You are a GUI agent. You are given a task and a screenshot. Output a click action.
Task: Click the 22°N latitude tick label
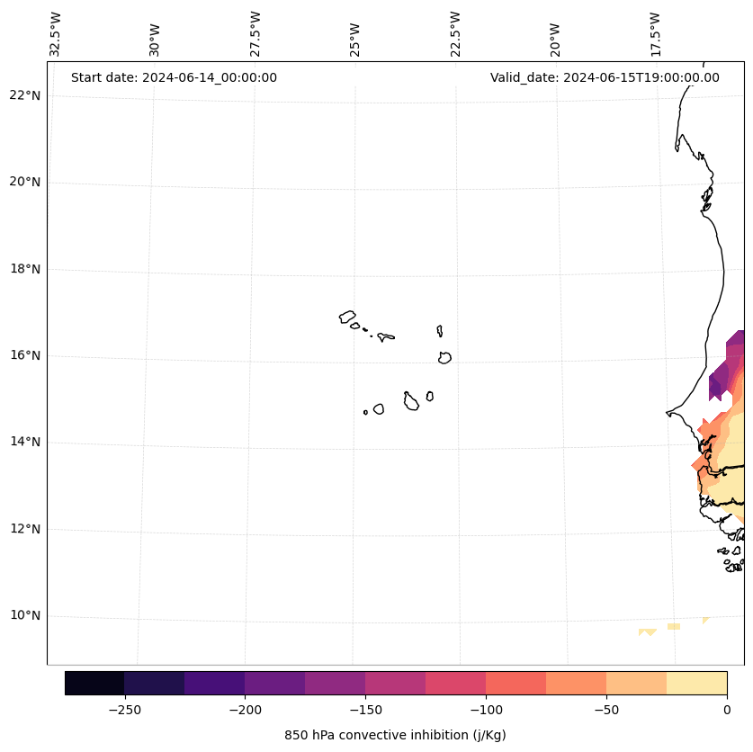(x=23, y=95)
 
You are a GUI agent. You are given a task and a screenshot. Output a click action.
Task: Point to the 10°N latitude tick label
(x=23, y=616)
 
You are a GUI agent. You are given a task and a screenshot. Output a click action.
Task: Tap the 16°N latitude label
(x=23, y=355)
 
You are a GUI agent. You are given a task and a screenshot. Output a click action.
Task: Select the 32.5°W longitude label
(x=56, y=34)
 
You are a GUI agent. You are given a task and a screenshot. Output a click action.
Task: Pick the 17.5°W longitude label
(x=654, y=34)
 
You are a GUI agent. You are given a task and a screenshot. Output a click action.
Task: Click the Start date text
(x=174, y=77)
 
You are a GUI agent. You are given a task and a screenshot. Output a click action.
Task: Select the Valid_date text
(x=605, y=77)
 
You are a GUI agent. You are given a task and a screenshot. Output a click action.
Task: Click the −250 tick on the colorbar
(x=124, y=710)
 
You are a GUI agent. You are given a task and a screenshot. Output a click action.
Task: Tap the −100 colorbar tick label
(x=486, y=710)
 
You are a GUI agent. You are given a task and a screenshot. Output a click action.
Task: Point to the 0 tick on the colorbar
(x=726, y=710)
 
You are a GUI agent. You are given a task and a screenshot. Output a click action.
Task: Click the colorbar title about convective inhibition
(x=395, y=735)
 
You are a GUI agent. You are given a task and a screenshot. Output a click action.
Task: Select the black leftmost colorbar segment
(x=94, y=683)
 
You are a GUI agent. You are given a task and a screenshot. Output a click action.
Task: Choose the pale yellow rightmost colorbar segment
(x=696, y=683)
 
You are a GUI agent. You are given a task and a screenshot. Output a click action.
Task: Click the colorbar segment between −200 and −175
(x=274, y=683)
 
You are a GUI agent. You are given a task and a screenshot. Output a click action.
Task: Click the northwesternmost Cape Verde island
(x=347, y=317)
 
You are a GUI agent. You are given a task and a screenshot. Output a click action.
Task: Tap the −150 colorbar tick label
(x=365, y=710)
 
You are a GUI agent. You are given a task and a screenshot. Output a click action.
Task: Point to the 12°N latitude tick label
(x=23, y=529)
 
